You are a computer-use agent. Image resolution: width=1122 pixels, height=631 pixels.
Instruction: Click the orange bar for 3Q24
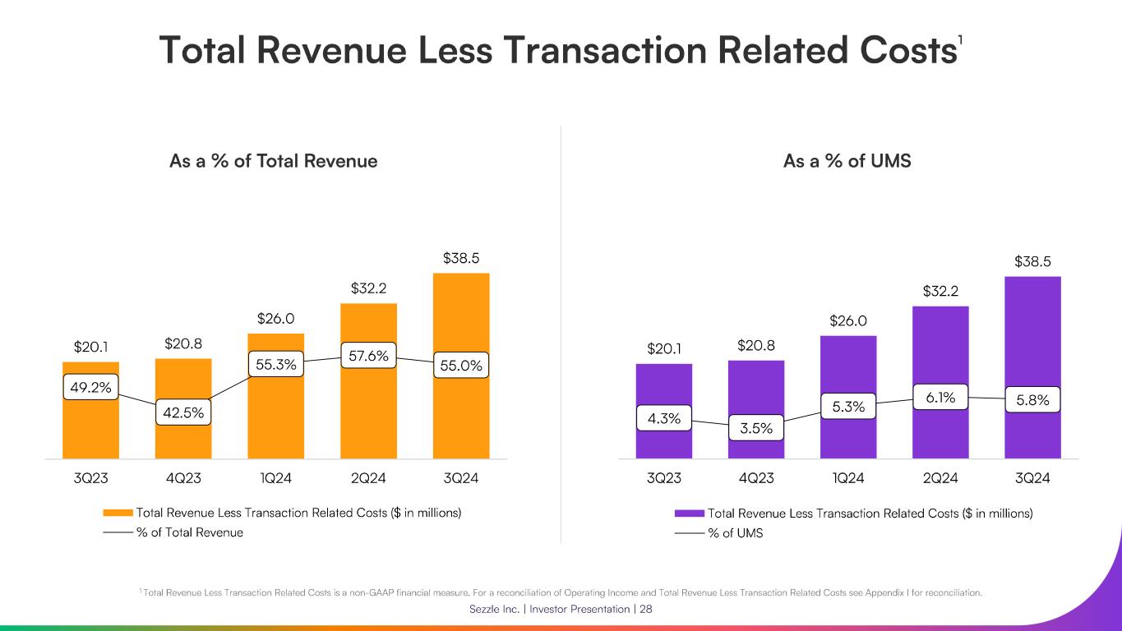click(460, 411)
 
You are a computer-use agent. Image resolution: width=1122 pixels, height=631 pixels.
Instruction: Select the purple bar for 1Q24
click(847, 435)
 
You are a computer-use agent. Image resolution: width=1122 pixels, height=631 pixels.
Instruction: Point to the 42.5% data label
click(183, 412)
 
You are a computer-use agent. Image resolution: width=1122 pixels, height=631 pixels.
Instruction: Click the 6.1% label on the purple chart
click(940, 398)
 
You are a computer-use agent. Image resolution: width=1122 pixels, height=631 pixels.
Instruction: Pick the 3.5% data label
click(755, 428)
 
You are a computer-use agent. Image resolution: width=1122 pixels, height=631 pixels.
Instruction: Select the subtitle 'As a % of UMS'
click(847, 161)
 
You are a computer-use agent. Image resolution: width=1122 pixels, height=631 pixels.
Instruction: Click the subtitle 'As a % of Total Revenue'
click(273, 161)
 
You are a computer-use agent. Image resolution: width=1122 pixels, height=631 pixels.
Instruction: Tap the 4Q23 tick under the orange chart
click(183, 478)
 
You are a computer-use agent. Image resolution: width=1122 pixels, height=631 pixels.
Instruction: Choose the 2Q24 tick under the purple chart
click(940, 478)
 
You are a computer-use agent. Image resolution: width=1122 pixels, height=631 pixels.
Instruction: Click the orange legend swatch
click(118, 513)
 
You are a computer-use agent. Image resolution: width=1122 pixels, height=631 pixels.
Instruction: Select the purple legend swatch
click(689, 513)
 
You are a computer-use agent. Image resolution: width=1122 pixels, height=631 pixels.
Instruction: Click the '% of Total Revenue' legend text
click(189, 532)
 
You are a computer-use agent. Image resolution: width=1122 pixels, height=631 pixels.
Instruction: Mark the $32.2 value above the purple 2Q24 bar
click(940, 291)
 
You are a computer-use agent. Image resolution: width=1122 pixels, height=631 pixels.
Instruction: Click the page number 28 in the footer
click(645, 610)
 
